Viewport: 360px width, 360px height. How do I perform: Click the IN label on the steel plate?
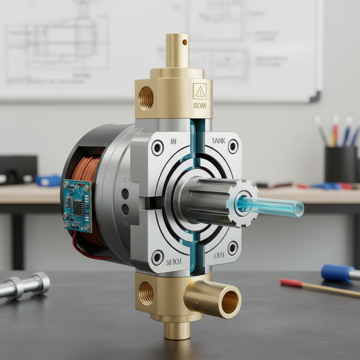tap(174, 141)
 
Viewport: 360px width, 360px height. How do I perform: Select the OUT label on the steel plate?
tap(219, 256)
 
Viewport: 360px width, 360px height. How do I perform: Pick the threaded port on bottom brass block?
tap(146, 293)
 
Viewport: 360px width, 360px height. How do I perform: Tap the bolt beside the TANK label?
tap(233, 146)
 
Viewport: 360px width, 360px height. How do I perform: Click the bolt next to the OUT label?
tap(233, 248)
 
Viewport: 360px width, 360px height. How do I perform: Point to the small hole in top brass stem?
tap(184, 43)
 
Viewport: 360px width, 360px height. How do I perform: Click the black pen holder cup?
tap(341, 164)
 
